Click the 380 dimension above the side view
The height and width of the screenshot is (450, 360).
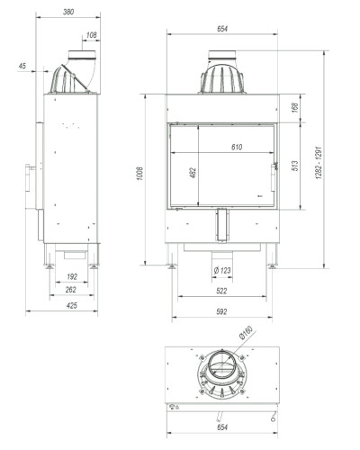(68, 12)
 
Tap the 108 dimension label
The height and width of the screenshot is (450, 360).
(92, 35)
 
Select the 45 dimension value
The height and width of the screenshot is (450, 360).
(22, 66)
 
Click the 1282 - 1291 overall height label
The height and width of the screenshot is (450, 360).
(319, 163)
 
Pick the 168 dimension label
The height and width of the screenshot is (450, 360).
(295, 108)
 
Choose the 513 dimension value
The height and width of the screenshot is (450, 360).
(295, 166)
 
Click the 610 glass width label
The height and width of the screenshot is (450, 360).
(237, 147)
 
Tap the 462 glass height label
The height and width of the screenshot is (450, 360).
(193, 173)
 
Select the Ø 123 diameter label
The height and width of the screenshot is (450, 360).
(222, 270)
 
